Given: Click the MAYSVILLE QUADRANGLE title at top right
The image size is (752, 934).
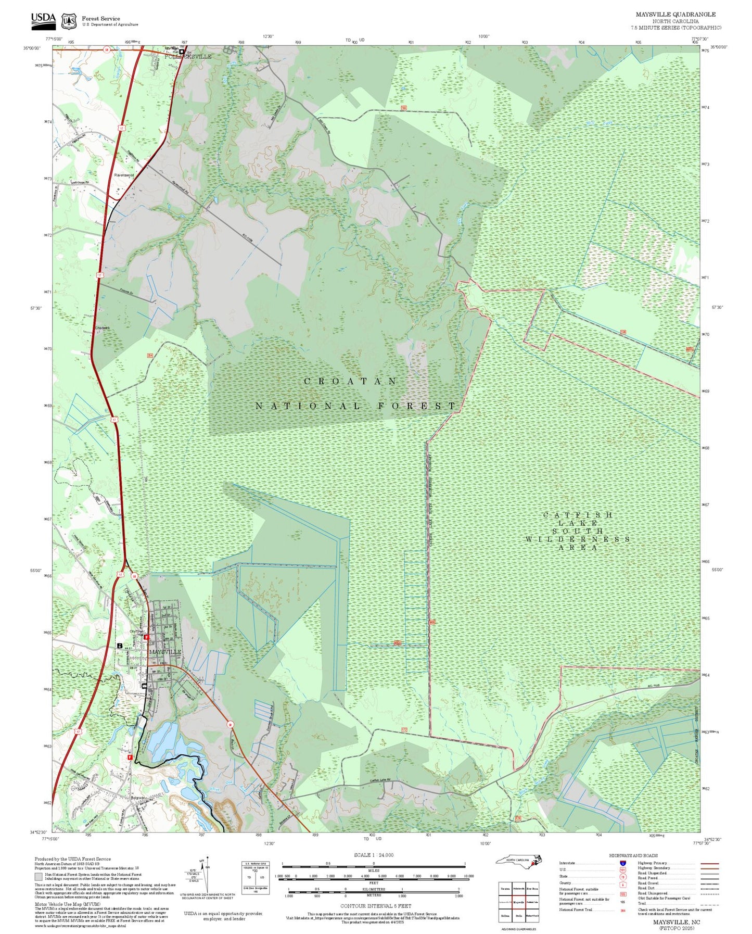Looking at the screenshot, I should (x=675, y=15).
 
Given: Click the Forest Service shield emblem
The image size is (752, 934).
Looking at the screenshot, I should (x=69, y=21).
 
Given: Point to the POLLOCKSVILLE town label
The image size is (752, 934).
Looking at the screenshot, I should (x=188, y=56).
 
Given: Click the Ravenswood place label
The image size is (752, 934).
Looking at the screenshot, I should (x=124, y=175).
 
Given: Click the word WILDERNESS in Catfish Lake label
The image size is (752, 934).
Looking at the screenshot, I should (x=577, y=539).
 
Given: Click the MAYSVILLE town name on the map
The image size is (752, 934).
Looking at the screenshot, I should (x=165, y=651).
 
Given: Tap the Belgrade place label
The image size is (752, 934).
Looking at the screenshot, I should (x=137, y=798).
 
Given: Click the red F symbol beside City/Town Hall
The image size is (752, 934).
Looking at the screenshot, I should (x=146, y=637).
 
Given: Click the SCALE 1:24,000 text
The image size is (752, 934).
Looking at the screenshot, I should (x=373, y=855).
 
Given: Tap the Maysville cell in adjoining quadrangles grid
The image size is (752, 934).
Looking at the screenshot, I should (x=518, y=902).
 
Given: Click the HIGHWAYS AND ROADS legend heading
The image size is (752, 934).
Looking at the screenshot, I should (x=633, y=855).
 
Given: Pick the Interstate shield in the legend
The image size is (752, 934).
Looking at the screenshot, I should (x=623, y=863).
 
